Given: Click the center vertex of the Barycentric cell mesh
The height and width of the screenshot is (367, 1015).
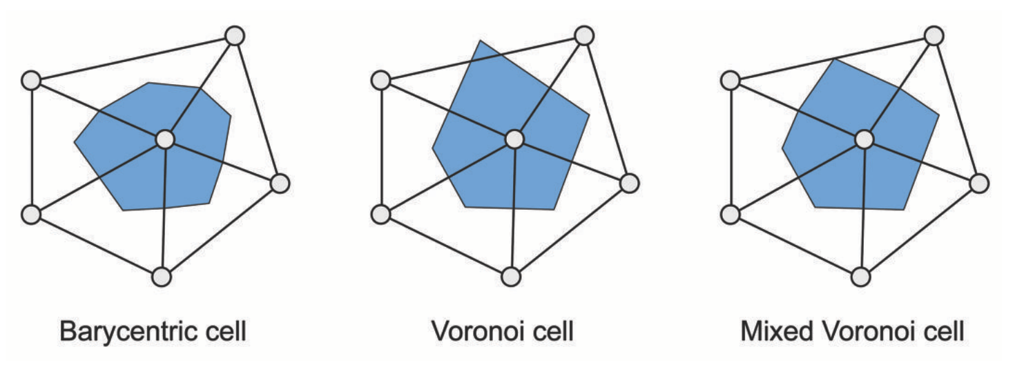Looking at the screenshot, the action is coord(164,139).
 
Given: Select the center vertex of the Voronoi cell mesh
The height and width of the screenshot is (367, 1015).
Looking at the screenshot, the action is coord(514,139).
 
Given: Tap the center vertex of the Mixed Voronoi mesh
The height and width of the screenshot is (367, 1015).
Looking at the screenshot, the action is coord(864,139).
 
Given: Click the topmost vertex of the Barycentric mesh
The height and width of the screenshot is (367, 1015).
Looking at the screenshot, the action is coord(235,35).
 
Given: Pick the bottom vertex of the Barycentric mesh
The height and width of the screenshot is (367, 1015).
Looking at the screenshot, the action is coord(161,277).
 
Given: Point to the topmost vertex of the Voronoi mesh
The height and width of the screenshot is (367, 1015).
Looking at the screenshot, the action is coord(584,35).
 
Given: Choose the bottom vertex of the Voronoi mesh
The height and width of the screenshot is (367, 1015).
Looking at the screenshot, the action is coord(510,277).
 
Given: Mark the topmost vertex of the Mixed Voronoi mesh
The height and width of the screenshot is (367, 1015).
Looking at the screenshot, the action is coord(934,35).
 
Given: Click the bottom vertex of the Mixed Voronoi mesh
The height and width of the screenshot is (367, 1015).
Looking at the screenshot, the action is coord(860,277).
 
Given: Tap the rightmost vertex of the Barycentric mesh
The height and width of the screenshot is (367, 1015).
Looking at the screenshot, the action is coord(279,183).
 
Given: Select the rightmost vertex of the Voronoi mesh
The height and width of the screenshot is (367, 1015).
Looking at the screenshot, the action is coord(628,183).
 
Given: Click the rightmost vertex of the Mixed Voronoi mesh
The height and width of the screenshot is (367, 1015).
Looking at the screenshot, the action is coord(978,183).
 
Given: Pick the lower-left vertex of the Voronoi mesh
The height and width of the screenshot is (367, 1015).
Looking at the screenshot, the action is coord(380,215).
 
